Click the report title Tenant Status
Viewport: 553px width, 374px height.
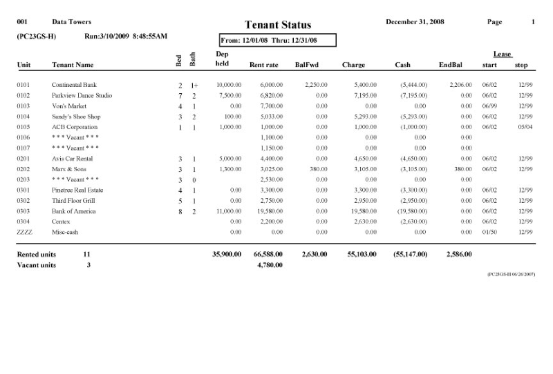278,26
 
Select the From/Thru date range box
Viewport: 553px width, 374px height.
277,40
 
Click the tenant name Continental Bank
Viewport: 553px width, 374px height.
74,85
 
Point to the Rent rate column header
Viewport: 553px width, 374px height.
263,66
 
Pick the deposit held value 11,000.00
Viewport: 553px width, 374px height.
228,211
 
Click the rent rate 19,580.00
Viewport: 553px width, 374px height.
268,211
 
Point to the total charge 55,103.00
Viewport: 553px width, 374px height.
362,254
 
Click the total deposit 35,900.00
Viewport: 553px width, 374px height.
227,254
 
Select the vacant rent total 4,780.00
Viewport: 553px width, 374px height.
269,265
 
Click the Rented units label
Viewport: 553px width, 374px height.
36,254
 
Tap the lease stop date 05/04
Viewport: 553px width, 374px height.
524,127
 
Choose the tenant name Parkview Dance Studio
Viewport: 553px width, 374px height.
82,95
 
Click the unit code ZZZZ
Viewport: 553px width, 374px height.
24,233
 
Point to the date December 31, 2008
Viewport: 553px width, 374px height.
415,23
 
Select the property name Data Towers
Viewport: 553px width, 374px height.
71,23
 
